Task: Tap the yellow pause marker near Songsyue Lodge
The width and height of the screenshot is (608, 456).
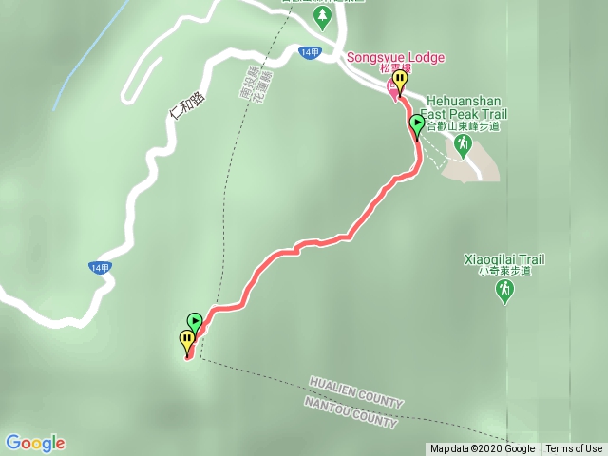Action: click(x=400, y=80)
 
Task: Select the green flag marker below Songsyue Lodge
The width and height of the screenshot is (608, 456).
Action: click(x=417, y=123)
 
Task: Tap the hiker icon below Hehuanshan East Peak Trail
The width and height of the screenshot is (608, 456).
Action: click(x=463, y=144)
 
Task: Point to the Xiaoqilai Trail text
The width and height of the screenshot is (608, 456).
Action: click(x=503, y=258)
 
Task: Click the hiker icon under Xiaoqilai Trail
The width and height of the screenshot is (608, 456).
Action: click(x=503, y=293)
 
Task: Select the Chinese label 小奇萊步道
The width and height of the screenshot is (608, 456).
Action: click(x=503, y=271)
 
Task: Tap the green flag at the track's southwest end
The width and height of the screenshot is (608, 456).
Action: click(x=195, y=322)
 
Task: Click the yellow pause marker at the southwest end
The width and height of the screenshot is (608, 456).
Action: click(x=187, y=338)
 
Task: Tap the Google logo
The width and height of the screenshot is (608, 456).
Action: click(x=35, y=443)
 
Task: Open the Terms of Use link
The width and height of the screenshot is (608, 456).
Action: click(x=574, y=449)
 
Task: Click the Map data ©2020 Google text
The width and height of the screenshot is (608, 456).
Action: click(x=483, y=449)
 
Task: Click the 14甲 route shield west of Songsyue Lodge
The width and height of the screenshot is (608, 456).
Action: click(x=310, y=51)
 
